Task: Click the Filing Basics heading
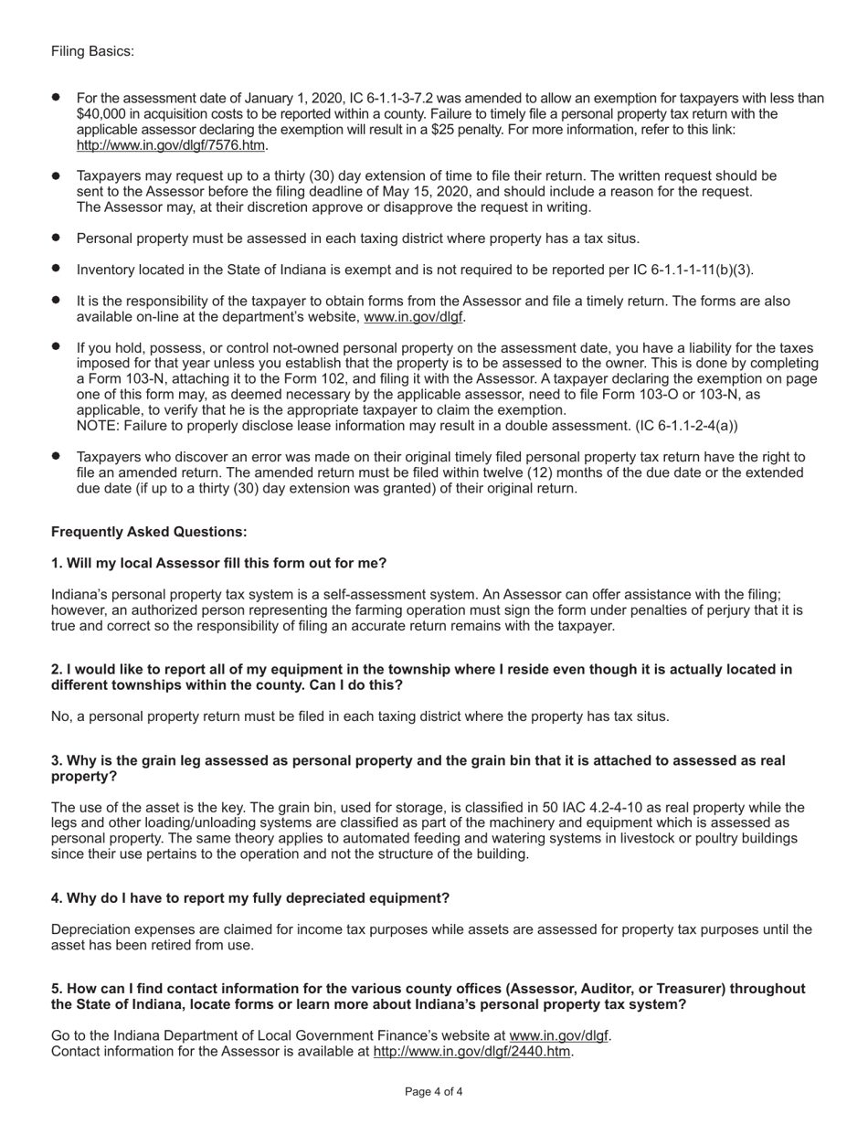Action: pos(92,51)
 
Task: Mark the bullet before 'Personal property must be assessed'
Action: pos(57,238)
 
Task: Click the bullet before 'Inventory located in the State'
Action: pos(57,269)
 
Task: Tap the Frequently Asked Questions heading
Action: pos(149,532)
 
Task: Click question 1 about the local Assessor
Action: pos(218,563)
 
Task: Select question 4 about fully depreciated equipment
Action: pos(249,898)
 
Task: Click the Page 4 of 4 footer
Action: pos(433,1092)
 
